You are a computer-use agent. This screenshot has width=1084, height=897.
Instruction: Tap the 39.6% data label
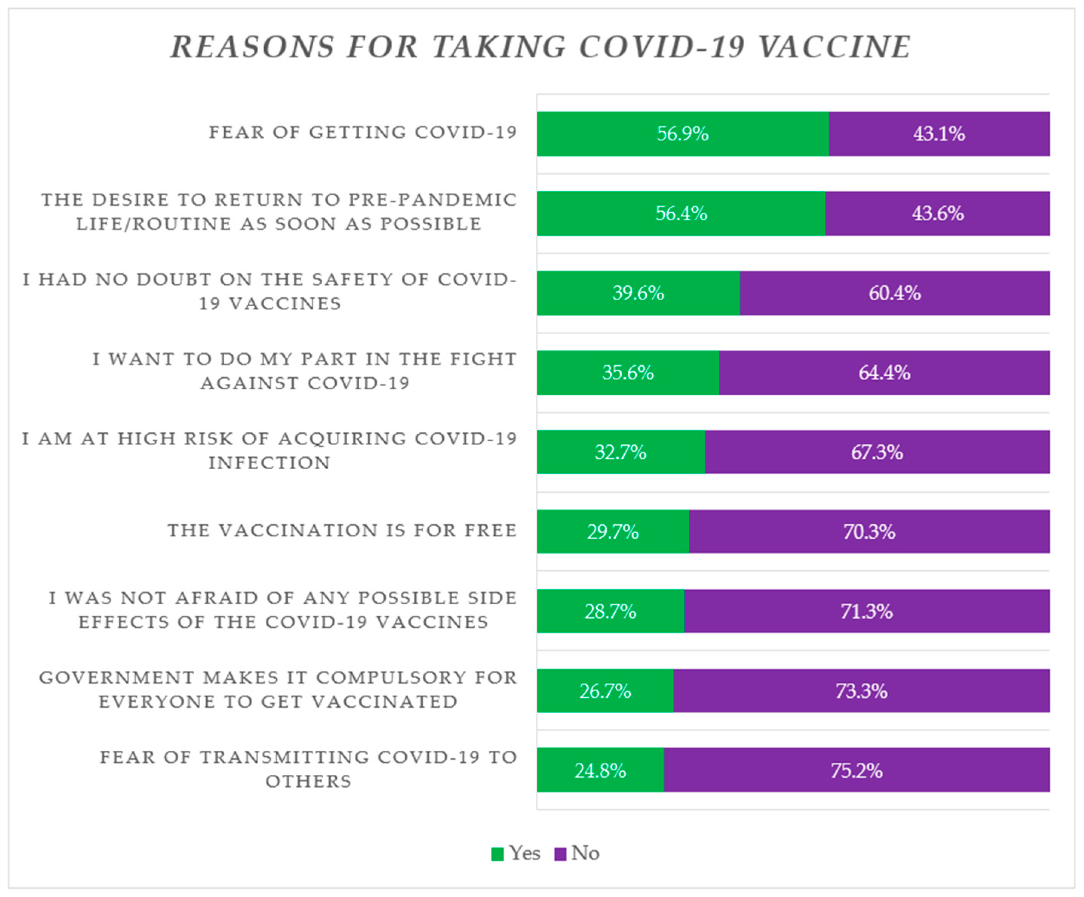coord(638,293)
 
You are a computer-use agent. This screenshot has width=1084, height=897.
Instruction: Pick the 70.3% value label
coord(869,531)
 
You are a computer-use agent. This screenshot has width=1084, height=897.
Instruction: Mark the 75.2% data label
coord(856,770)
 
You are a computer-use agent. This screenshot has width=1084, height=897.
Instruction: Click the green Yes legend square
coord(497,854)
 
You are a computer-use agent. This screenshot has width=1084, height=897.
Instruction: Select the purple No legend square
coord(560,854)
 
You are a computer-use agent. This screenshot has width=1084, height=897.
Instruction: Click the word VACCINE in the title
coord(835,47)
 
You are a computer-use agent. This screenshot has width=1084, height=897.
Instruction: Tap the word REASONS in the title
coord(252,47)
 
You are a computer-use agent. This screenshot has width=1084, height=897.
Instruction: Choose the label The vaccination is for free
coord(342,530)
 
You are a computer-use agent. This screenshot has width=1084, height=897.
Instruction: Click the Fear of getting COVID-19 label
coord(362,132)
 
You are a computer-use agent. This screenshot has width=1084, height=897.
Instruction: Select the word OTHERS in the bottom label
coord(308,781)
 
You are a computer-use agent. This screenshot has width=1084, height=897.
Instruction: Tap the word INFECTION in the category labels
coord(269,463)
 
